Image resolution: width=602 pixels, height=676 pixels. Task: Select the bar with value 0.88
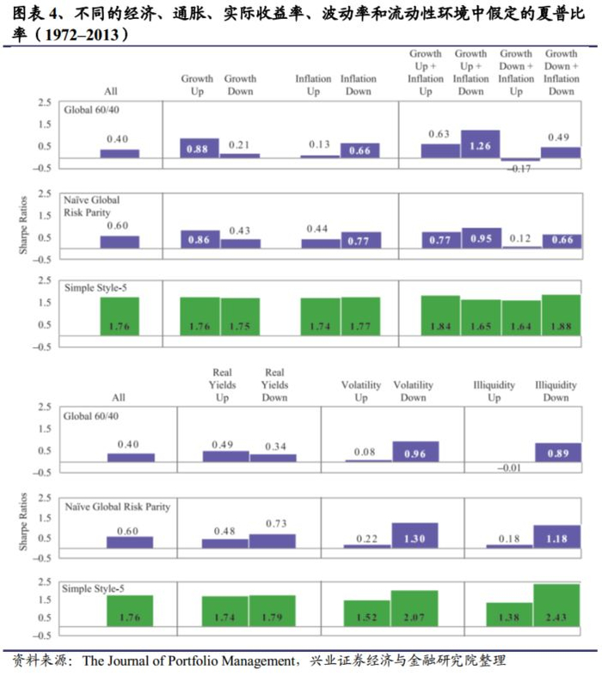[200, 148]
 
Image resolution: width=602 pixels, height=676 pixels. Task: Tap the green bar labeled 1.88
[561, 315]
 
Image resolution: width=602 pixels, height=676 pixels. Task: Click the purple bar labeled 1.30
[415, 536]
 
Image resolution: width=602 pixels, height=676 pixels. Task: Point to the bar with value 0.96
[415, 452]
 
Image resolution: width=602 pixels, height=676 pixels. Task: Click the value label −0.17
[519, 169]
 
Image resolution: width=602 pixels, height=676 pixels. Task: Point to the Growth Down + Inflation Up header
[517, 72]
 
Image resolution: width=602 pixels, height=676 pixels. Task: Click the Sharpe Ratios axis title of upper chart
[23, 224]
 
